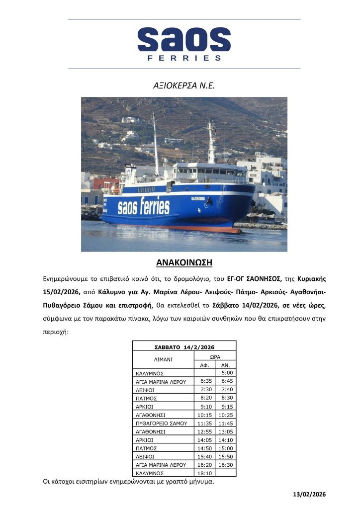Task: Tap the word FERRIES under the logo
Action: pyautogui.click(x=184, y=58)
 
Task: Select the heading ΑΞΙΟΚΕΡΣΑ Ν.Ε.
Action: pyautogui.click(x=184, y=85)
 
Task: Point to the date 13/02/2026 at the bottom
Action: pyautogui.click(x=309, y=494)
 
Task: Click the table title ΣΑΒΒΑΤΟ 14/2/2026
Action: pyautogui.click(x=184, y=346)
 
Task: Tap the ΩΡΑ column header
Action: pyautogui.click(x=215, y=356)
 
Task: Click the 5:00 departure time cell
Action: pyautogui.click(x=226, y=373)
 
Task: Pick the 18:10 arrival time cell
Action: pyautogui.click(x=204, y=473)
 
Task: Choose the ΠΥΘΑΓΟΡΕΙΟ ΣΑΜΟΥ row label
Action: pyautogui.click(x=162, y=423)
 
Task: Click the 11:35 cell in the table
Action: pyautogui.click(x=204, y=423)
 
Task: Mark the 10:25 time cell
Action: pyautogui.click(x=226, y=415)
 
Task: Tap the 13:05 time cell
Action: pyautogui.click(x=226, y=431)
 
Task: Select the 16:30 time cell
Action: pyautogui.click(x=226, y=465)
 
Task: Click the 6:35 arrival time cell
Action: pyautogui.click(x=204, y=381)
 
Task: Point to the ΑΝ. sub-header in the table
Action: pyautogui.click(x=226, y=365)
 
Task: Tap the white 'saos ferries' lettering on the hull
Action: pyautogui.click(x=143, y=206)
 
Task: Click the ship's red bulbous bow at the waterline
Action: pyautogui.click(x=230, y=230)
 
